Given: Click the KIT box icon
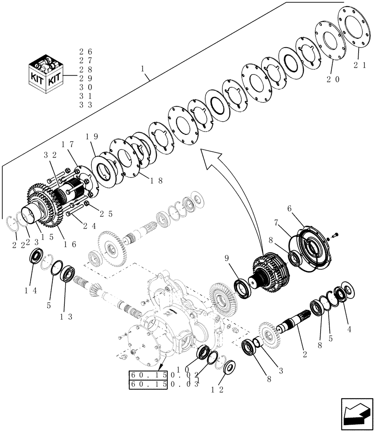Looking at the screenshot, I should point(45,78).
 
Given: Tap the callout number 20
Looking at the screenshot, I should point(333,79).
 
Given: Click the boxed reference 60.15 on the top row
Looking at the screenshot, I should point(147,374).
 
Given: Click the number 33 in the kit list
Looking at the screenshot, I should point(86,105).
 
